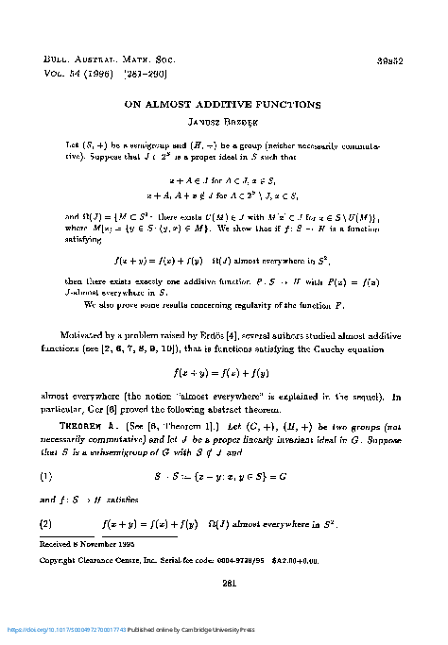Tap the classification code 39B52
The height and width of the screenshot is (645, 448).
tap(391, 58)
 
